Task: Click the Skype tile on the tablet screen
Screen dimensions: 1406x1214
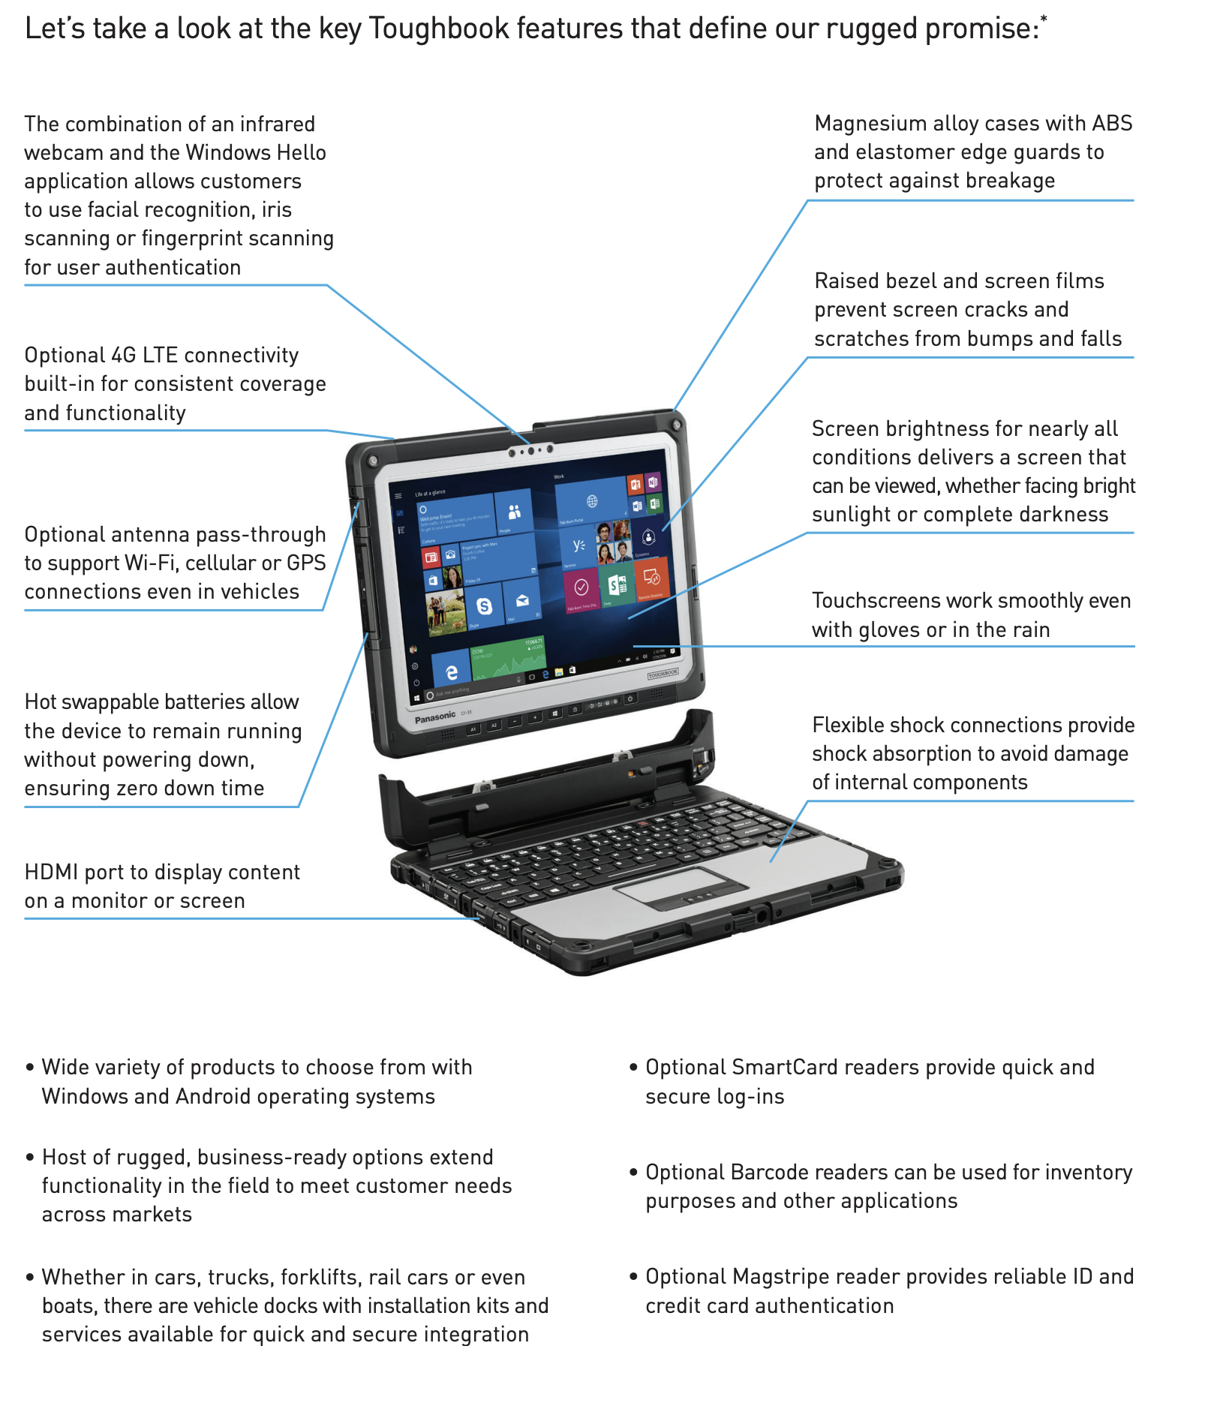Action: pyautogui.click(x=485, y=606)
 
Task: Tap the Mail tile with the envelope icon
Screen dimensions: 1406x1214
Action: pyautogui.click(x=522, y=601)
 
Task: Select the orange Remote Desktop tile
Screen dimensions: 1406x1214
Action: pyautogui.click(x=651, y=578)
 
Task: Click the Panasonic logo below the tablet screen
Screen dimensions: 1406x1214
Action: pyautogui.click(x=435, y=717)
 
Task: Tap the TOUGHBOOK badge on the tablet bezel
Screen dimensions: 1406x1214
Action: pyautogui.click(x=663, y=674)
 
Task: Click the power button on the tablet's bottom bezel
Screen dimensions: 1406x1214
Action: pyautogui.click(x=630, y=698)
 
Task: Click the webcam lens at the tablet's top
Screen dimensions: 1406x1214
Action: pyautogui.click(x=531, y=451)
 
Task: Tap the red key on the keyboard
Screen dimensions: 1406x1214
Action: pyautogui.click(x=642, y=823)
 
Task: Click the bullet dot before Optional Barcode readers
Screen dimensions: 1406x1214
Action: pyautogui.click(x=633, y=1171)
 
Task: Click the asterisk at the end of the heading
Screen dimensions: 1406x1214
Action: pyautogui.click(x=1044, y=18)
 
